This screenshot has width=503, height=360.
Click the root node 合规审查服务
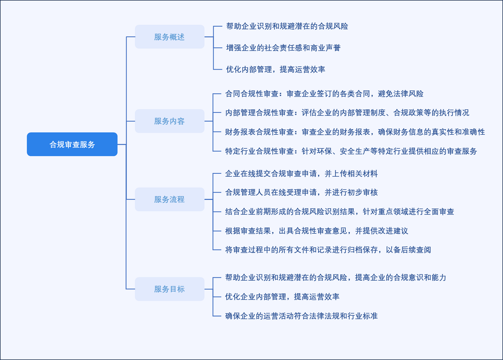point(72,144)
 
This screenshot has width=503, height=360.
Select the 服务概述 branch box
point(169,37)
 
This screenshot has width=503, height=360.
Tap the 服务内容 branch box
point(169,121)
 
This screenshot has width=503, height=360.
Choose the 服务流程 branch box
point(169,199)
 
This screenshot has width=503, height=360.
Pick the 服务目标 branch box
point(169,289)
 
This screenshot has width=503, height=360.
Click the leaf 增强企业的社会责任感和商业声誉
point(283,48)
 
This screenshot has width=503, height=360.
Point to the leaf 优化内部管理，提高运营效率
point(275,69)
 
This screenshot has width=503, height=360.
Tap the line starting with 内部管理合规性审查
point(347,112)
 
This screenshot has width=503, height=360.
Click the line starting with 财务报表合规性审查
point(355,132)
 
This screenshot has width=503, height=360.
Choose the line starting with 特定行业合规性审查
point(351,151)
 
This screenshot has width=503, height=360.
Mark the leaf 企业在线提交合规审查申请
point(301,173)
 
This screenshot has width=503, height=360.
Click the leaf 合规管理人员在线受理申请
point(301,192)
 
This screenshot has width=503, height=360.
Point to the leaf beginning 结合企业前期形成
point(340,211)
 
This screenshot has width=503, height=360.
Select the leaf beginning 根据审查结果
point(316,231)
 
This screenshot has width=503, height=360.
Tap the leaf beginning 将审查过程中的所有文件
point(328,250)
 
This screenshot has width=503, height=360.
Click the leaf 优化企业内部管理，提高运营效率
point(282,297)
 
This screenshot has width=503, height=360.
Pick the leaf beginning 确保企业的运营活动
point(301,316)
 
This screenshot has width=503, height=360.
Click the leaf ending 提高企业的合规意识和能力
point(335,277)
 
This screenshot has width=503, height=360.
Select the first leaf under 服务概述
point(287,26)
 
